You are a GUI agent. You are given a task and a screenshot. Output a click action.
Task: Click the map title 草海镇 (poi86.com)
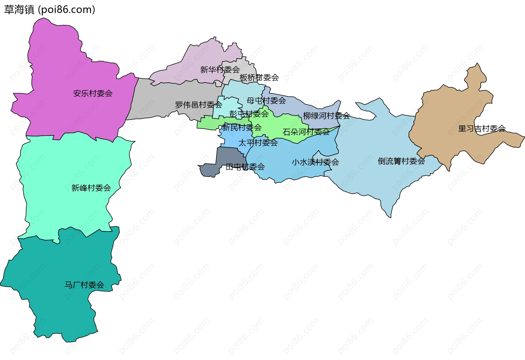pyautogui.click(x=49, y=10)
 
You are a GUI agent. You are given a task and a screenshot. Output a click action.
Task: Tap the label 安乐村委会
pyautogui.click(x=93, y=93)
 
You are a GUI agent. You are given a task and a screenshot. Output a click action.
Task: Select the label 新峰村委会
pyautogui.click(x=91, y=188)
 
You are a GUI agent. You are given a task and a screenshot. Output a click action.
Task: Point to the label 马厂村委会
pyautogui.click(x=84, y=285)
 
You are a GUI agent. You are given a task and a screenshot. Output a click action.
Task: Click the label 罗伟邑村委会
pyautogui.click(x=199, y=105)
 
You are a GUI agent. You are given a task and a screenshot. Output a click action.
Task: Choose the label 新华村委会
pyautogui.click(x=220, y=70)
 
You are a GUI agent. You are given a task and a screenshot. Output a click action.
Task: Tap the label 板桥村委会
pyautogui.click(x=259, y=78)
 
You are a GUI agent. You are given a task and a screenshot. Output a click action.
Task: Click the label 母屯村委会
pyautogui.click(x=266, y=101)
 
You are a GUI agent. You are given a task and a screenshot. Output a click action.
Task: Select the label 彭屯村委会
pyautogui.click(x=249, y=114)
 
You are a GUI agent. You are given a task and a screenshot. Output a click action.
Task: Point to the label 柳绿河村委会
pyautogui.click(x=326, y=116)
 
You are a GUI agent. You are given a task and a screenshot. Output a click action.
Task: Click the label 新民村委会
pyautogui.click(x=242, y=127)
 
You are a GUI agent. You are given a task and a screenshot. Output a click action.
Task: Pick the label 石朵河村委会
pyautogui.click(x=306, y=132)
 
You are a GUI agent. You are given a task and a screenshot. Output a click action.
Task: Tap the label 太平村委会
pyautogui.click(x=258, y=143)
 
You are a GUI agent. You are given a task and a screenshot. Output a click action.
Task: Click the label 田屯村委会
pyautogui.click(x=245, y=167)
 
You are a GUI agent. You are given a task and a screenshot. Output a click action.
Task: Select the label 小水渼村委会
pyautogui.click(x=315, y=162)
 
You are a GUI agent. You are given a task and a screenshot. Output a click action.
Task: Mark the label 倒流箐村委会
pyautogui.click(x=401, y=161)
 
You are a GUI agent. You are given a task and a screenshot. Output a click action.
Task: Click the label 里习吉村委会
pyautogui.click(x=482, y=129)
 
